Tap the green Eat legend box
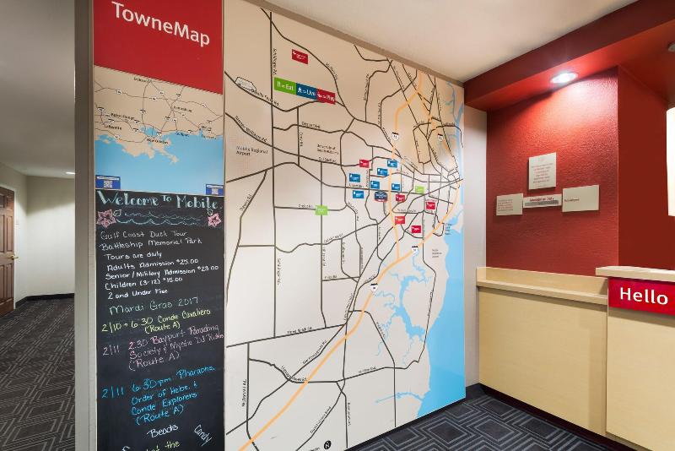(284, 88)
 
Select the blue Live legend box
(306, 92)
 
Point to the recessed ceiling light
(564, 77)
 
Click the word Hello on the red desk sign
(643, 296)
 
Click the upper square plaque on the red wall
(542, 171)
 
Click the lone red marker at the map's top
(299, 56)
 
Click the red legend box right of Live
(326, 95)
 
